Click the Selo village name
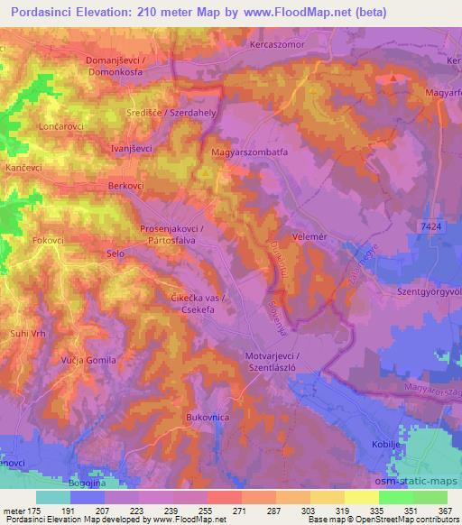[115, 255]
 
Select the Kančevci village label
[24, 169]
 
